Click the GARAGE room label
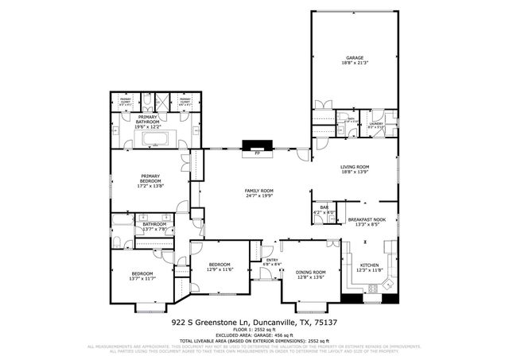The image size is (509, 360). [x=353, y=58]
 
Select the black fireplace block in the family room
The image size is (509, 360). [x=257, y=146]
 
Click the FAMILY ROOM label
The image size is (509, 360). [x=258, y=191]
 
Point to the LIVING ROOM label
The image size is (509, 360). [x=356, y=167]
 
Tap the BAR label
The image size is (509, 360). [x=324, y=208]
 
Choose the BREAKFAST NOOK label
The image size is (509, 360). [x=367, y=219]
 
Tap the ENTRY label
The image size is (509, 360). [x=271, y=260]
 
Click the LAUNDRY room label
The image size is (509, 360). [x=377, y=123]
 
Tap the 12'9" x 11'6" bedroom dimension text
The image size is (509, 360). [x=220, y=269]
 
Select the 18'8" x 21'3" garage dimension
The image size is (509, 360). [x=353, y=64]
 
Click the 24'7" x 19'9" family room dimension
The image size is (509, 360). [x=258, y=196]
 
